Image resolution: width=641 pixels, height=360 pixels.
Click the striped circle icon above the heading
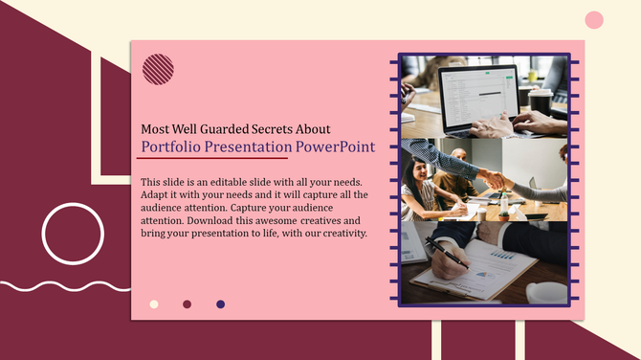(x=158, y=70)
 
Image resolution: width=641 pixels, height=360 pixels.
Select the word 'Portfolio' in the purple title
(x=168, y=147)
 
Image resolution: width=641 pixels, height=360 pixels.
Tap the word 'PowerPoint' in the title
(x=335, y=147)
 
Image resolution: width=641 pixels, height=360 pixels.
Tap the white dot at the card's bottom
(x=154, y=304)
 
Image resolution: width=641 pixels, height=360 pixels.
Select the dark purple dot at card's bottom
(x=221, y=304)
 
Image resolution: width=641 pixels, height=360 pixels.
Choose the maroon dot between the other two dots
(x=188, y=304)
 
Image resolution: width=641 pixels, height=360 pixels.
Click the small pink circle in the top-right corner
(x=594, y=20)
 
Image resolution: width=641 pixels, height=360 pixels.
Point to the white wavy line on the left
(x=57, y=285)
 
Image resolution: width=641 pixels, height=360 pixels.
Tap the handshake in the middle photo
(x=492, y=179)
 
